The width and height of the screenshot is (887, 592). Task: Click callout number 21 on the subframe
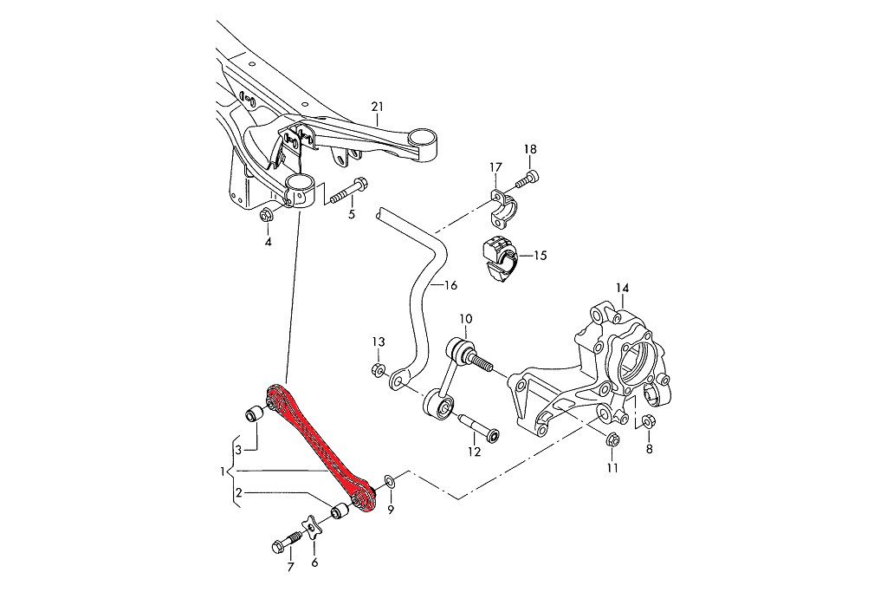376,107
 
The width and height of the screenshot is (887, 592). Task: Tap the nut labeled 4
267,215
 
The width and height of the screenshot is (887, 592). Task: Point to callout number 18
530,149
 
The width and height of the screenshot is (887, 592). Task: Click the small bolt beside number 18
527,180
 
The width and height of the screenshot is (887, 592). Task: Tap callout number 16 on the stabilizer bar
450,284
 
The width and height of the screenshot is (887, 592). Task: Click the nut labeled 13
378,370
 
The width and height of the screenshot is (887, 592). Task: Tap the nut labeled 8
651,422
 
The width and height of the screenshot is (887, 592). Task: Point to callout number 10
464,318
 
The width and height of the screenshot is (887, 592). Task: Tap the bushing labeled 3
254,413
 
